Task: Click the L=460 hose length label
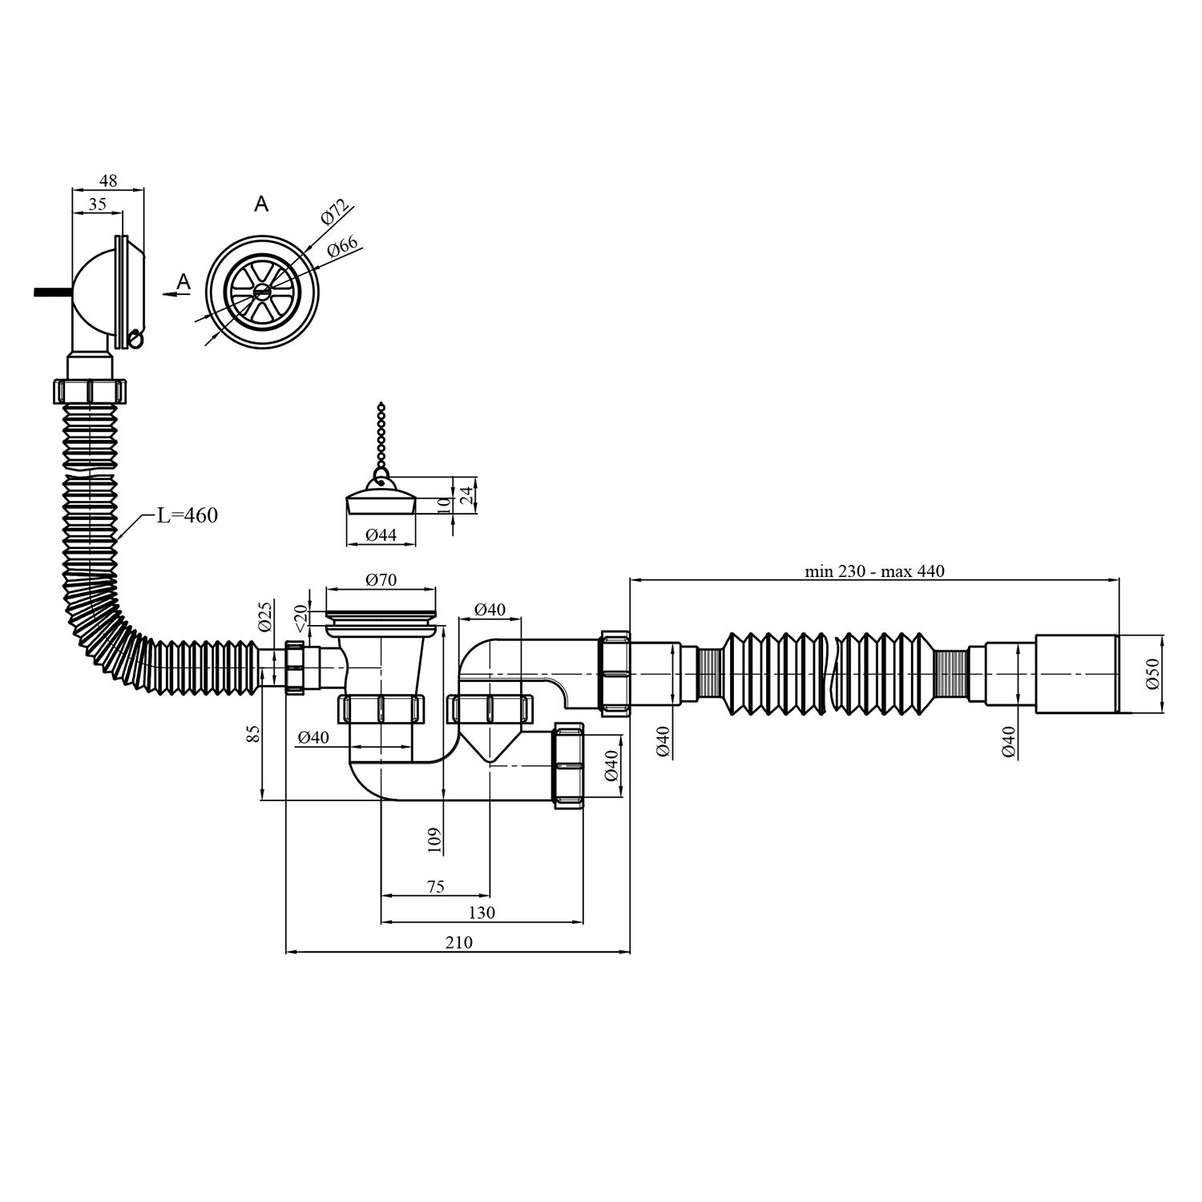pyautogui.click(x=187, y=515)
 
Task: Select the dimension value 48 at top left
pyautogui.click(x=108, y=181)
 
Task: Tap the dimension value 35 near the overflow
pyautogui.click(x=97, y=204)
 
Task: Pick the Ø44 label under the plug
pyautogui.click(x=381, y=535)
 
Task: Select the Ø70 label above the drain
pyautogui.click(x=381, y=580)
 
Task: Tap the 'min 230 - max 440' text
pyautogui.click(x=874, y=571)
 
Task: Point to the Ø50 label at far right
pyautogui.click(x=1152, y=674)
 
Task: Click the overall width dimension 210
pyautogui.click(x=458, y=942)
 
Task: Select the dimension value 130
pyautogui.click(x=482, y=913)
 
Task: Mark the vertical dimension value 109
pyautogui.click(x=434, y=839)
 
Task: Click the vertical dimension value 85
pyautogui.click(x=254, y=734)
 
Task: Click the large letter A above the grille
pyautogui.click(x=261, y=205)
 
